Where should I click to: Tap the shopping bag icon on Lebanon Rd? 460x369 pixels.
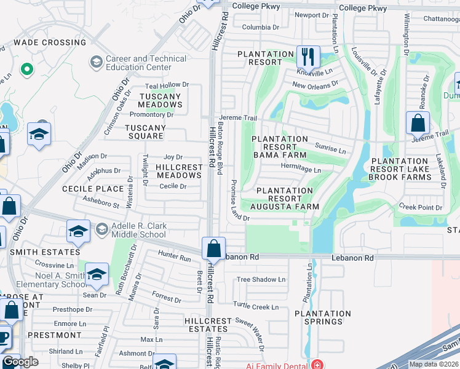213,248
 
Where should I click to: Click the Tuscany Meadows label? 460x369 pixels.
160,101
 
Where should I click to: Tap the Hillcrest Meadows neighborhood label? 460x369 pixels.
178,171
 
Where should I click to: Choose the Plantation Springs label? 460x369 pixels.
323,317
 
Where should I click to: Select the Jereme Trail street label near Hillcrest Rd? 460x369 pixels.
237,117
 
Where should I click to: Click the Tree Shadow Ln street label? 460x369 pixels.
261,279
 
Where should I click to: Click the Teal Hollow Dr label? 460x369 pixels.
166,85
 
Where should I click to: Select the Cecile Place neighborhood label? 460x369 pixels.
93,188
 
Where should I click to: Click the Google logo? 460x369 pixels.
20,362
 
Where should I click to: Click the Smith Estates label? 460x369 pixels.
44,252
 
